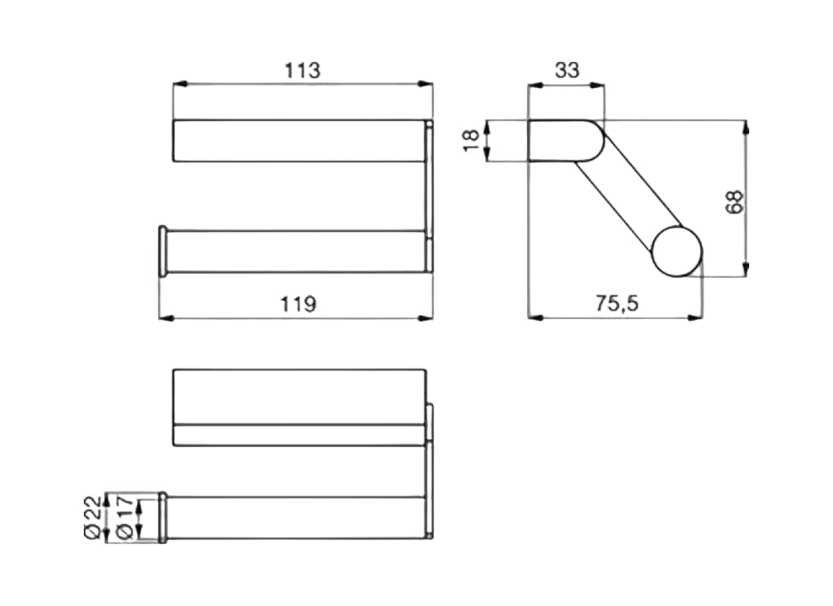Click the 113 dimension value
coord(302,70)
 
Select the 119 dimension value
coord(298,305)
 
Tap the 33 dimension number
coord(567,70)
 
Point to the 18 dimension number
coord(471,140)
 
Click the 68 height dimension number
coord(735,202)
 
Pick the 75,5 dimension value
coord(616,304)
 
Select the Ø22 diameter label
coord(92,517)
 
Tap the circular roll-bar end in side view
coord(677,251)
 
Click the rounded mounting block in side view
coord(566,140)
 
